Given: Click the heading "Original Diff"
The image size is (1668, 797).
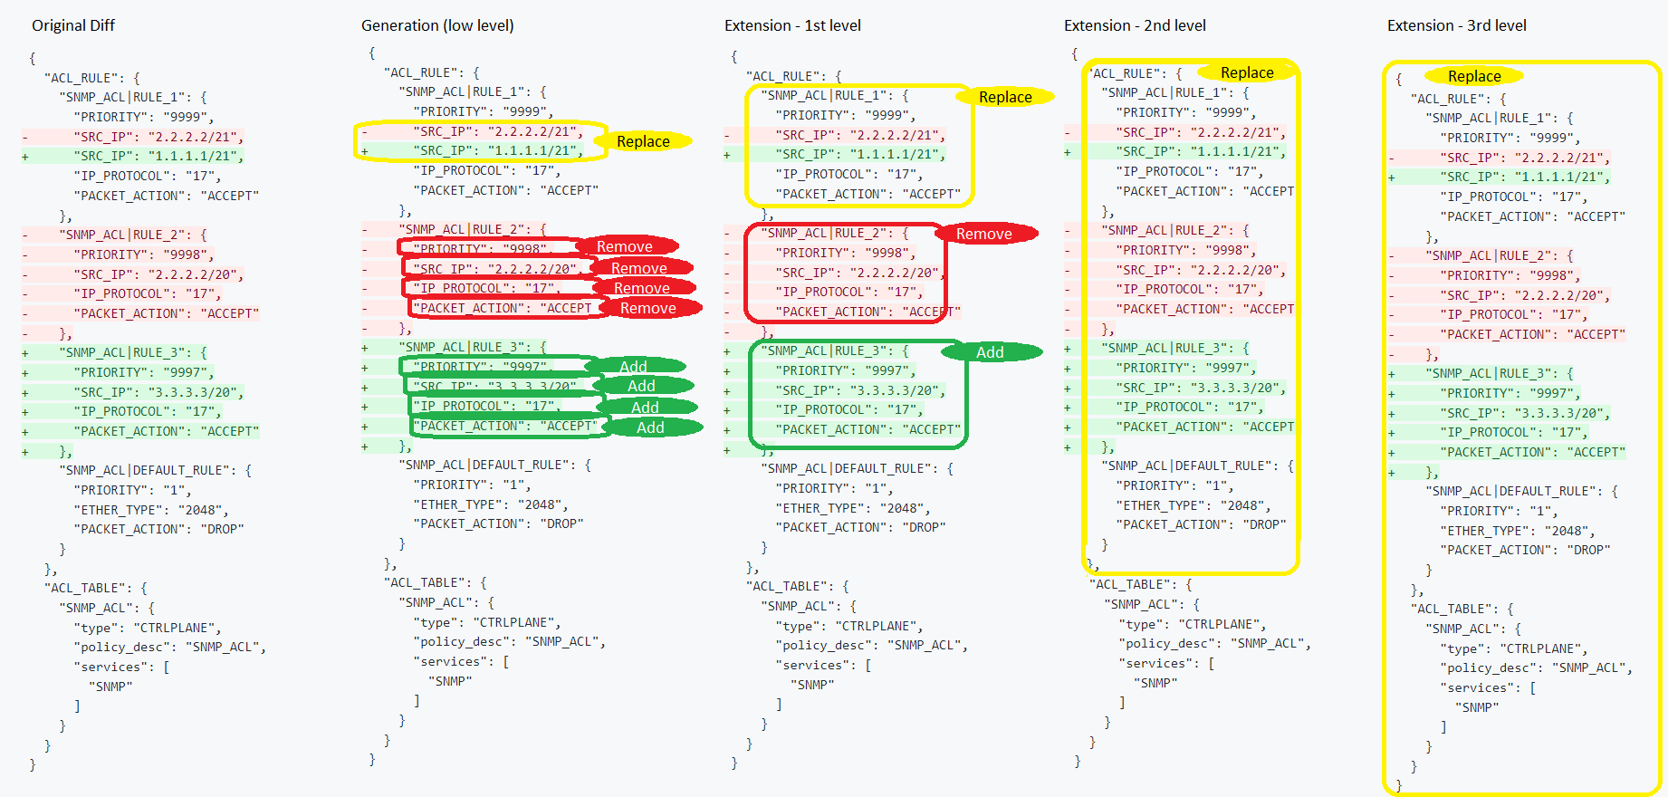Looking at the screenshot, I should (73, 25).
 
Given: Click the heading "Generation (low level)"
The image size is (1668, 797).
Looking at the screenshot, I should (437, 25).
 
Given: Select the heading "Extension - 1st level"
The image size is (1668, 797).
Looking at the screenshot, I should (792, 25).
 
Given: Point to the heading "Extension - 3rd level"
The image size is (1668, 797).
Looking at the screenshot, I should (1456, 25).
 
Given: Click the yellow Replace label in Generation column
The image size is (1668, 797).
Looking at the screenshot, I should (643, 141).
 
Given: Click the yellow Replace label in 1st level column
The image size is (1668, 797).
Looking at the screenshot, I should (1005, 97).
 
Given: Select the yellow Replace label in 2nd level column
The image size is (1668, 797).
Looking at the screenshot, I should (1247, 72).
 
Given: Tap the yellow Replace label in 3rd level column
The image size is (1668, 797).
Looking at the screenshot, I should (1474, 76).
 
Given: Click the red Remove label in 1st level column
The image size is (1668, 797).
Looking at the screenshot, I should (984, 234).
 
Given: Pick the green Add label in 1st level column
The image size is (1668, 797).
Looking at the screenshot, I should (990, 352).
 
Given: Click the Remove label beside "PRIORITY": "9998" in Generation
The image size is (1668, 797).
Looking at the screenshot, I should (625, 246).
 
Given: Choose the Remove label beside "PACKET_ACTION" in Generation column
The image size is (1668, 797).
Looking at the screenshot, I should (648, 308).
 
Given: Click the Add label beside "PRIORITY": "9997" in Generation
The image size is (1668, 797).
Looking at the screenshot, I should (633, 367).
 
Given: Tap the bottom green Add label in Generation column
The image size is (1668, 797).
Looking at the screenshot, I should (650, 427).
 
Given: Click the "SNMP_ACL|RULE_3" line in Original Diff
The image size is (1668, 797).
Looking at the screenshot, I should (132, 352).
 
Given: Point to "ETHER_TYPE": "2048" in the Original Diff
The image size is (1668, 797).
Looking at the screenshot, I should (150, 510).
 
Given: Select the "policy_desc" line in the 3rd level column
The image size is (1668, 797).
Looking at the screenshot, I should (1536, 667).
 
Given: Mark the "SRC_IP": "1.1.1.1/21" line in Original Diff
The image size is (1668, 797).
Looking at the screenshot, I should (158, 156).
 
